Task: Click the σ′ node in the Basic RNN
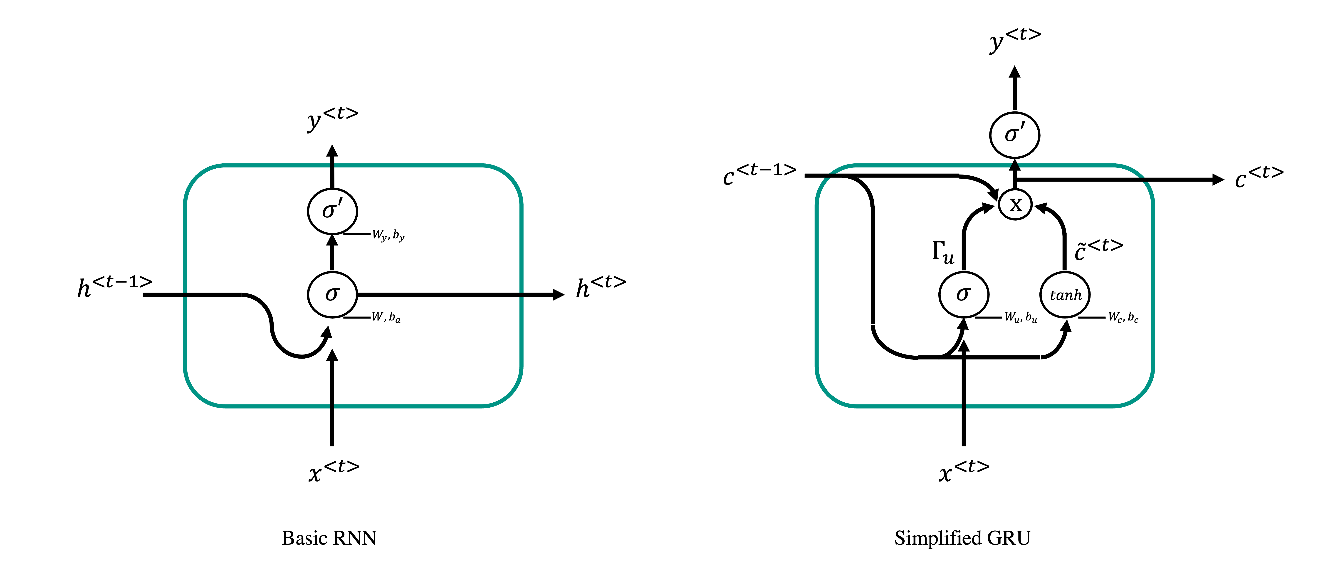(332, 211)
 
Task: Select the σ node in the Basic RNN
(332, 294)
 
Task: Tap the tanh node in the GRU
(1065, 295)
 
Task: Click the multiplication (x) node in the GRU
(1015, 204)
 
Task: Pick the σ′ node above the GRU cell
(1015, 135)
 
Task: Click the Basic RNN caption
(329, 538)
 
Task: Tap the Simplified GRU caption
(962, 538)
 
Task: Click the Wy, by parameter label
(388, 235)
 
